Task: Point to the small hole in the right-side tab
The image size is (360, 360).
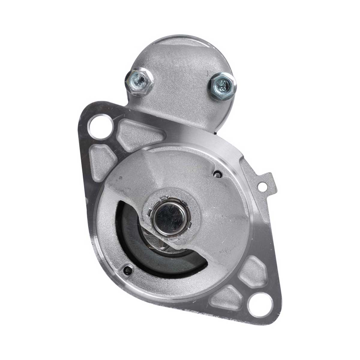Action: click(x=263, y=186)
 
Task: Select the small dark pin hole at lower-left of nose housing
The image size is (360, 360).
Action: click(x=126, y=268)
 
